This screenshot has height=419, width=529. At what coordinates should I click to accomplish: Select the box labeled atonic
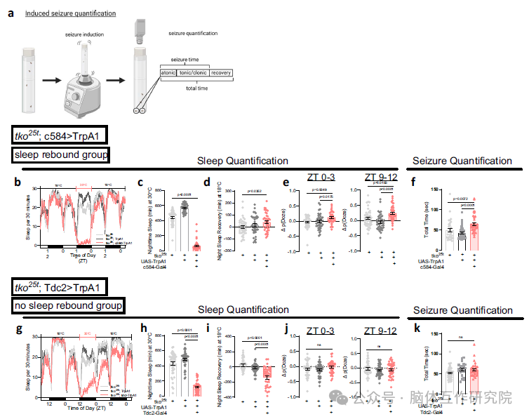(168, 73)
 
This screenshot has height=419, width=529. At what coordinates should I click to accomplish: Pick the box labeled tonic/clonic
(192, 73)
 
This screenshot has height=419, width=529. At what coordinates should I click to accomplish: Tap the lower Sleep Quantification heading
(242, 310)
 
